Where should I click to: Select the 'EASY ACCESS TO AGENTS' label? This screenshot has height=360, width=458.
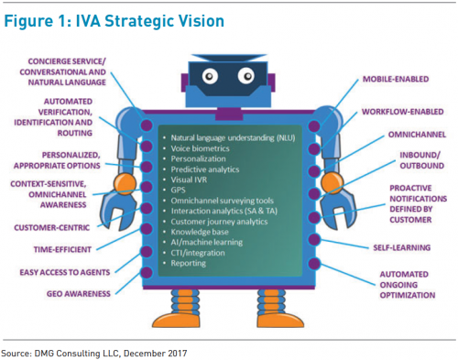[65, 272]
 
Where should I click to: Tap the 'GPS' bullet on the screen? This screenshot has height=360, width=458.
[180, 191]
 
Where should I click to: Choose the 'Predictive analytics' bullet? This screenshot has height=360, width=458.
[210, 169]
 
